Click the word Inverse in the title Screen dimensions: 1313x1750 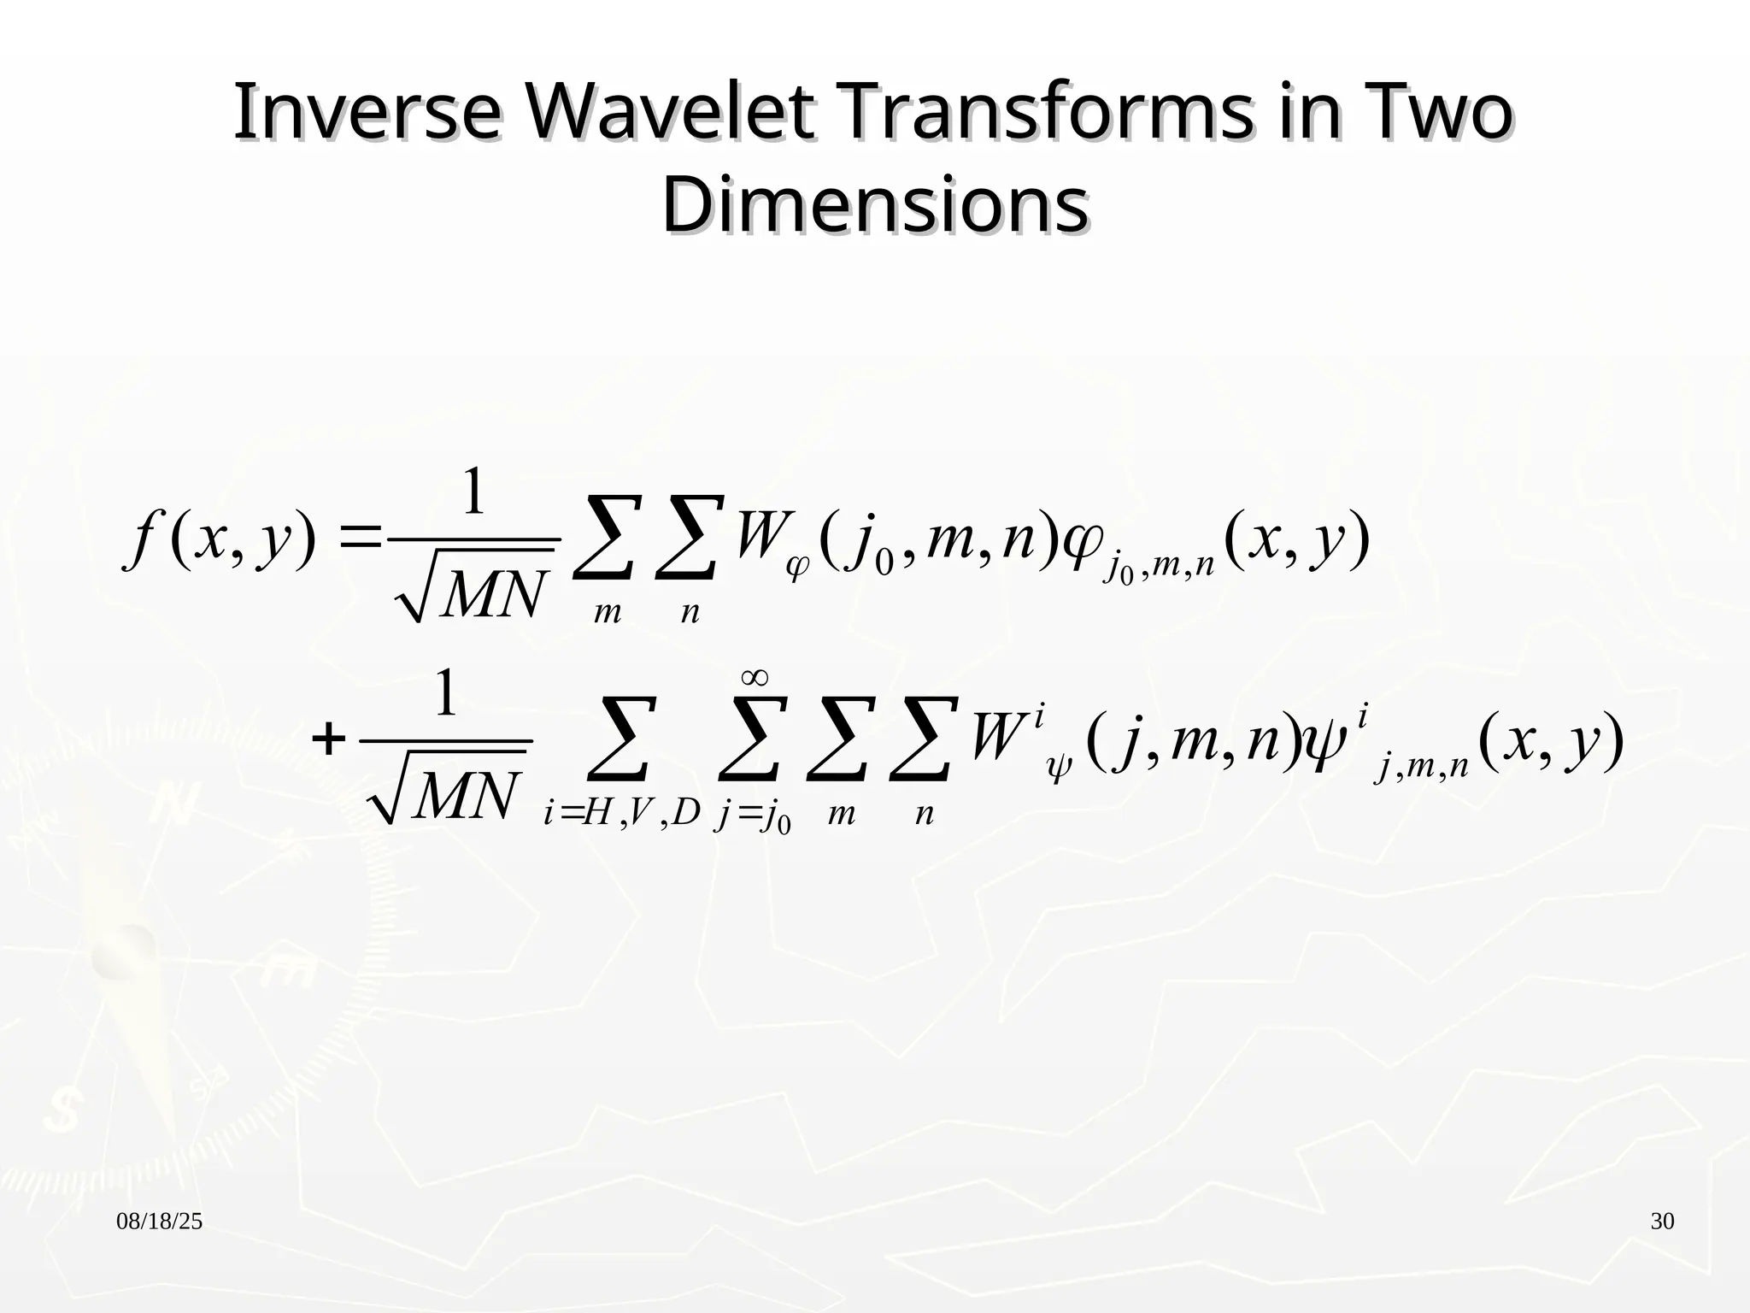pyautogui.click(x=367, y=114)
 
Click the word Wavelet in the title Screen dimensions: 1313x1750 pyautogui.click(x=668, y=114)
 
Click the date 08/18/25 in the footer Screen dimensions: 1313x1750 pyautogui.click(x=159, y=1222)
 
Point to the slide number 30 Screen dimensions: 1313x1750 pyautogui.click(x=1662, y=1222)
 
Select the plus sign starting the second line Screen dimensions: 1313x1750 pyautogui.click(x=328, y=739)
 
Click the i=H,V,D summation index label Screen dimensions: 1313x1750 pyautogui.click(x=621, y=814)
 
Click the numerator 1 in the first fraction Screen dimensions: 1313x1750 pyautogui.click(x=473, y=493)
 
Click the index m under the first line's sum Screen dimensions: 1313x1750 pyautogui.click(x=607, y=613)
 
